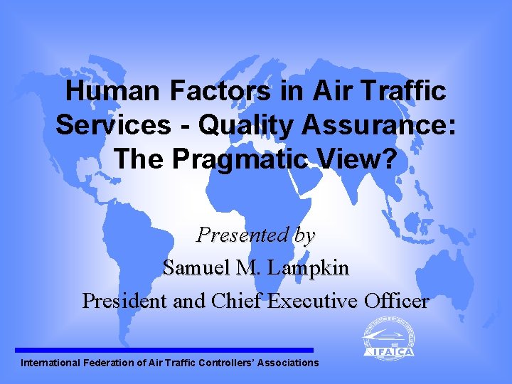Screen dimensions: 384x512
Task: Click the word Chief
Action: point(237,301)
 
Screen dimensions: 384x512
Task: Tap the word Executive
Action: point(310,301)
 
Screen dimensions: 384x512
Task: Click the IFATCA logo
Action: point(388,338)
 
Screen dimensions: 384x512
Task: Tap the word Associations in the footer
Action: point(289,363)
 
